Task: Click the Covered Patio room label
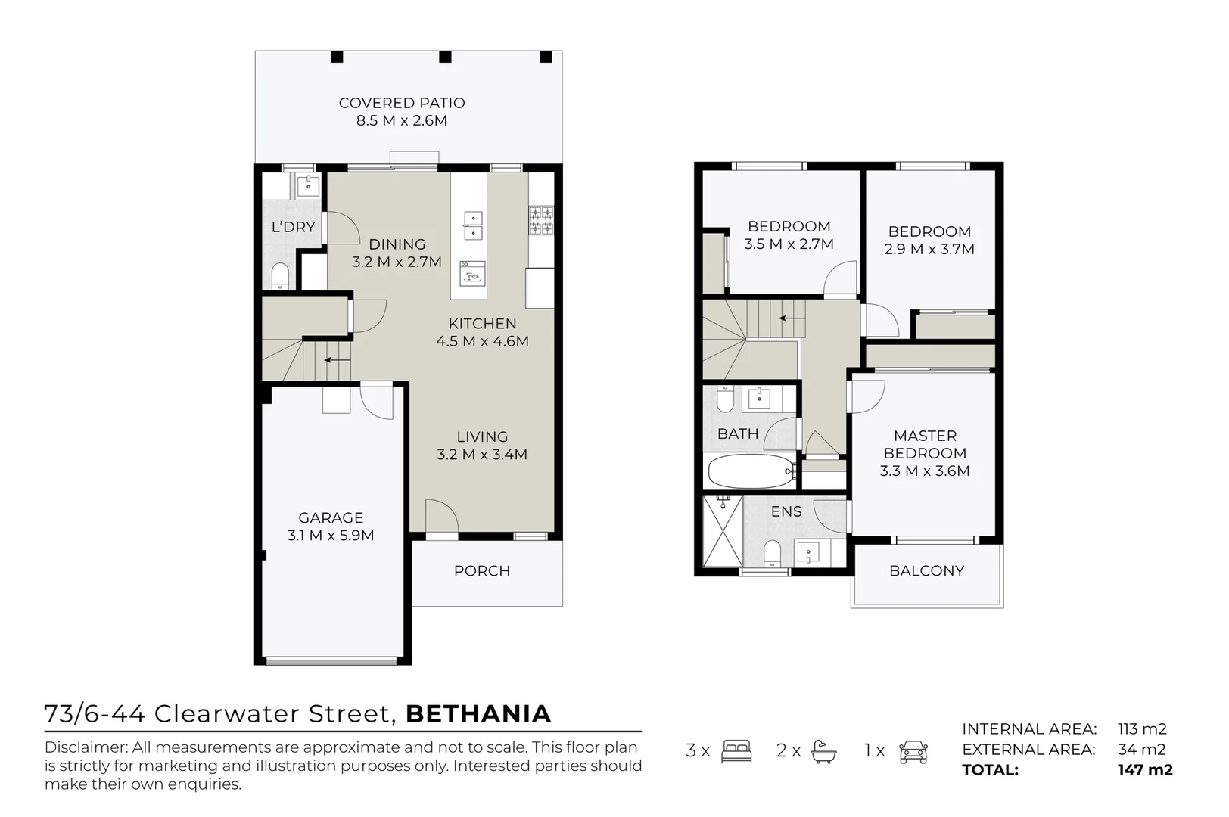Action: (402, 103)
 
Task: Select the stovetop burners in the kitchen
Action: (541, 219)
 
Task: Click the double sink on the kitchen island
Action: (473, 225)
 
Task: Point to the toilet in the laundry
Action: (279, 276)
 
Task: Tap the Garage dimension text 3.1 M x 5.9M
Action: (331, 536)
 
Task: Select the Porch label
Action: (482, 571)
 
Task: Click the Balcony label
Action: (926, 571)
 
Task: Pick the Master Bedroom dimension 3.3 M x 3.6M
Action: (925, 471)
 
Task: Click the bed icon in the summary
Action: (736, 751)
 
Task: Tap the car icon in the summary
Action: (913, 751)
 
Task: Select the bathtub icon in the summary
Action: (823, 751)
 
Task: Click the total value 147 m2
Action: (1145, 770)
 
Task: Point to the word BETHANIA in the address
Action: (478, 714)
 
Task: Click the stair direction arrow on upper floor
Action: (792, 318)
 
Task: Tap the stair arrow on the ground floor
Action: (338, 360)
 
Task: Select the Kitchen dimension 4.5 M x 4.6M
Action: (482, 341)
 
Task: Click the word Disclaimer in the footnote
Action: (85, 747)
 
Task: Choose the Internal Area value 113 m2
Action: (1142, 729)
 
